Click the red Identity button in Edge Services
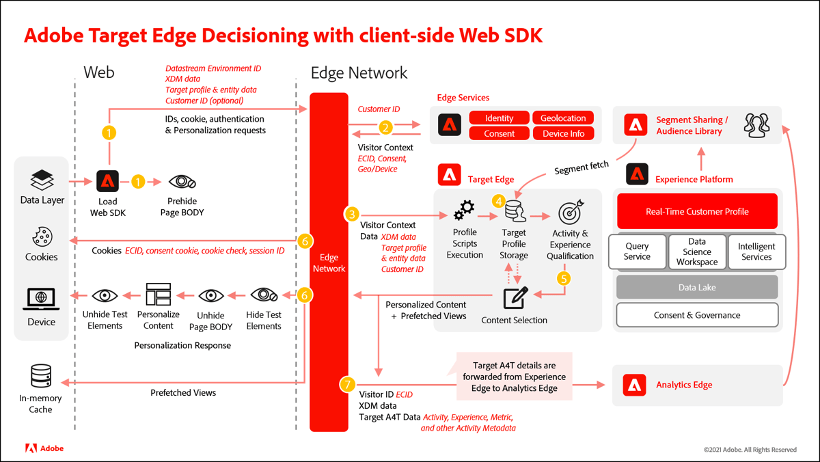click(x=499, y=118)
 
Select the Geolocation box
click(x=563, y=118)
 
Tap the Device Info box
click(x=563, y=134)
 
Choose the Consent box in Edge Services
click(x=499, y=134)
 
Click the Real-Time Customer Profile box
click(x=697, y=211)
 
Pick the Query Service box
click(x=637, y=252)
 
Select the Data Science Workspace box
click(x=697, y=252)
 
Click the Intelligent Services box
click(x=756, y=252)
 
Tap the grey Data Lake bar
click(x=697, y=288)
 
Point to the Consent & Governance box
click(x=697, y=315)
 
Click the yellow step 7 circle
click(x=347, y=385)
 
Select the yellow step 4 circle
click(x=500, y=201)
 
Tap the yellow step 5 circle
click(x=564, y=278)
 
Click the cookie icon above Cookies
click(x=42, y=237)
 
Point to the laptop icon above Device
click(x=42, y=299)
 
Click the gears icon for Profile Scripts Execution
click(x=465, y=210)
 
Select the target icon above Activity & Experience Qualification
click(x=570, y=213)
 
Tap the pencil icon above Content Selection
click(x=515, y=298)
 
